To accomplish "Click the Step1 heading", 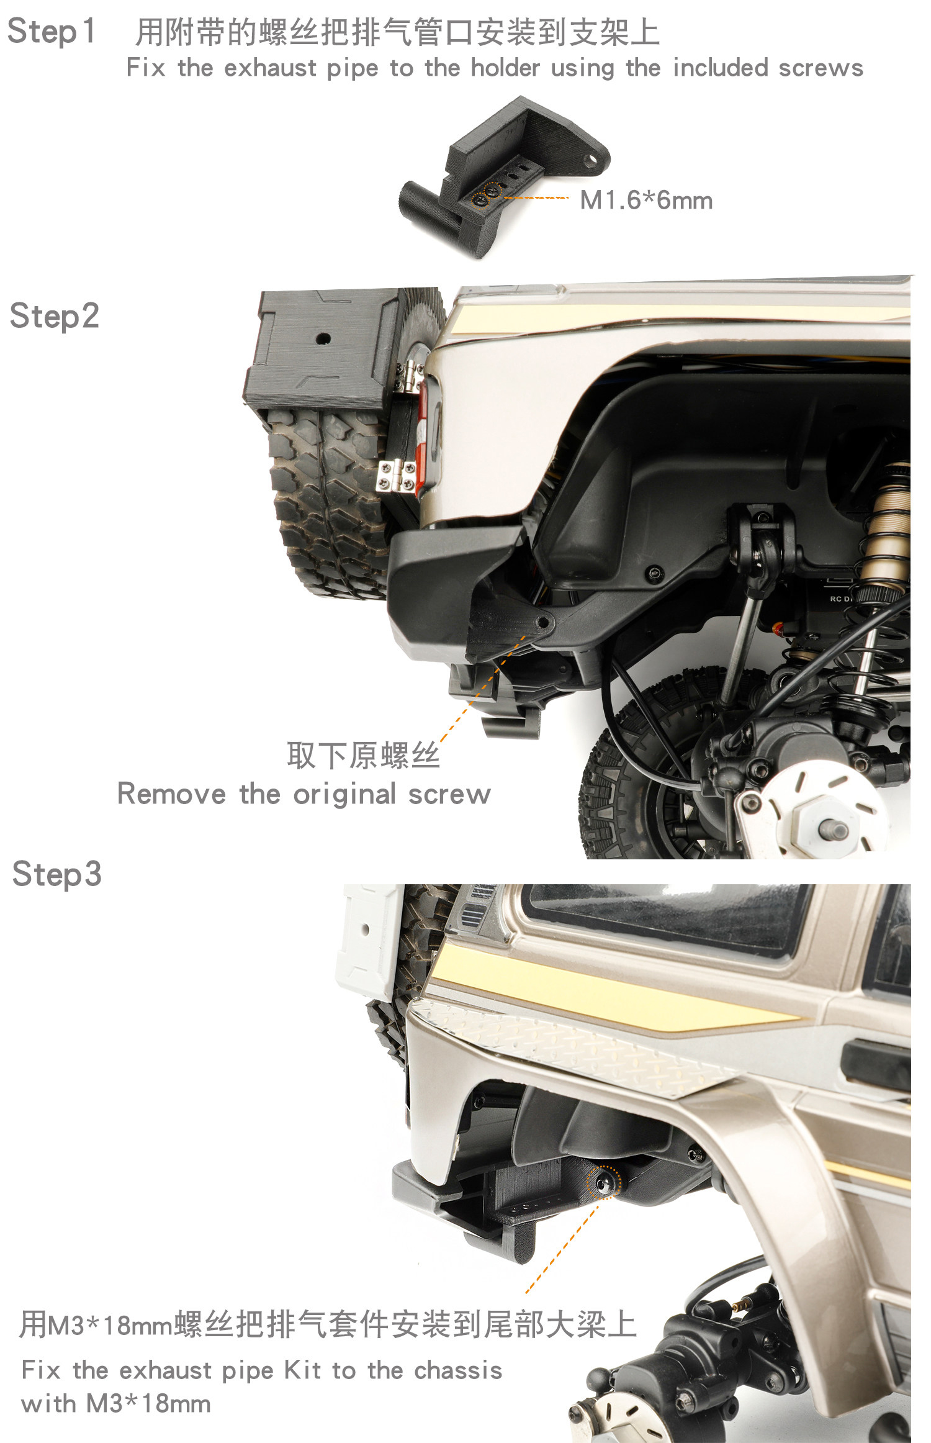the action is [52, 32].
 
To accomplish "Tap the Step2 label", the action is [55, 316].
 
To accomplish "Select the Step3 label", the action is [56, 874].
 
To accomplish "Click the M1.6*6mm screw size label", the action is [646, 201].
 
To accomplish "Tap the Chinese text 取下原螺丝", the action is [363, 756].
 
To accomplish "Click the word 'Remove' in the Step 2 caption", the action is [171, 794].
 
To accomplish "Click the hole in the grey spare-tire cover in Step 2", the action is [323, 339].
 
